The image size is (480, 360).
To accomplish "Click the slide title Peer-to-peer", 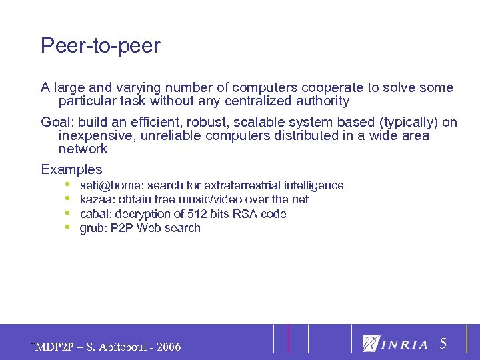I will [x=101, y=46].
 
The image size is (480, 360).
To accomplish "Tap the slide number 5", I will [x=443, y=344].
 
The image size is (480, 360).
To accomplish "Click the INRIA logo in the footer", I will [x=395, y=344].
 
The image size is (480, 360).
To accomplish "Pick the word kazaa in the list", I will [x=95, y=199].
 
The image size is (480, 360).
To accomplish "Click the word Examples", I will [x=71, y=169].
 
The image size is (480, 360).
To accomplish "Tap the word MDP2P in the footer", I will [x=53, y=347].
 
